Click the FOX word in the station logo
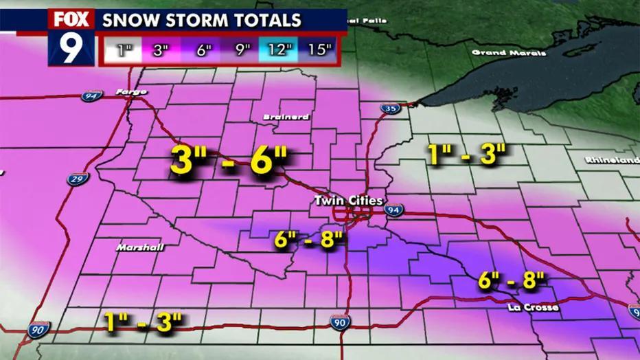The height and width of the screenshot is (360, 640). coord(71,19)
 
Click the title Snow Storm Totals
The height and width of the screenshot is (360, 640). coord(201,19)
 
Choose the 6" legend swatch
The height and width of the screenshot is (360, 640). coord(201,49)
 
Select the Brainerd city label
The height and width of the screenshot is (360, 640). coord(286,117)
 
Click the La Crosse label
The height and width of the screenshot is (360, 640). coord(534,307)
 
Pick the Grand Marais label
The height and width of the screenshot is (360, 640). coord(509,52)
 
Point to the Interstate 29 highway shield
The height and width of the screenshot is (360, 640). coord(78,179)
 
